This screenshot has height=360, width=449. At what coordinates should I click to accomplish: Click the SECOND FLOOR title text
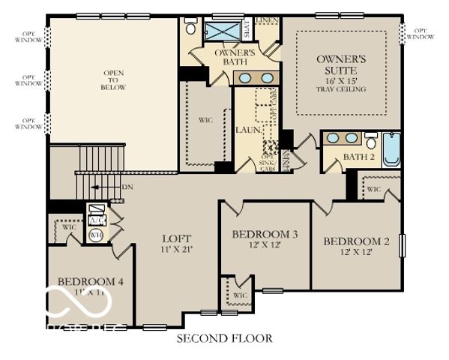(224, 338)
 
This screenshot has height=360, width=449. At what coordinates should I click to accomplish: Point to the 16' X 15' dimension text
(341, 79)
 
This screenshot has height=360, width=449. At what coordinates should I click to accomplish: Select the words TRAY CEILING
(341, 89)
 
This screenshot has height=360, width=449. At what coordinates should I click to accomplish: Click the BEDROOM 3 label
(265, 235)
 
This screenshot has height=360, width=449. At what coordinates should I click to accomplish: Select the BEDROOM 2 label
(356, 241)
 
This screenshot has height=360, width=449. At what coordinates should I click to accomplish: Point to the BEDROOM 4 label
(90, 281)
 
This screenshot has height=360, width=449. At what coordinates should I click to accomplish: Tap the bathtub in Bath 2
(391, 148)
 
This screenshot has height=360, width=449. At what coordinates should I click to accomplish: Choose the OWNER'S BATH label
(235, 57)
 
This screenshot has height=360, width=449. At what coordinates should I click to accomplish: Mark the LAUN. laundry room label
(249, 130)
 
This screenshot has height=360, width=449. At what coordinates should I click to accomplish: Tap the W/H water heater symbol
(95, 235)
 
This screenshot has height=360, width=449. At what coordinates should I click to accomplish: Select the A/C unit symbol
(96, 220)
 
